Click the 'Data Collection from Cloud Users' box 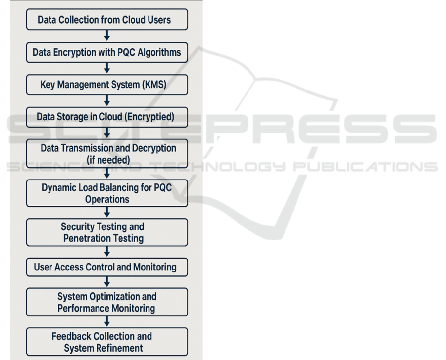point(106,20)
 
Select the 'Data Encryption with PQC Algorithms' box point(106,52)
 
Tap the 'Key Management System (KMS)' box point(106,85)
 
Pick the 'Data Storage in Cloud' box point(106,117)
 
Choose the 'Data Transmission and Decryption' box point(106,154)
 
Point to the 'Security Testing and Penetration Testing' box point(106,232)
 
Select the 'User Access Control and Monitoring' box point(106,267)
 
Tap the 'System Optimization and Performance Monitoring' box point(106,302)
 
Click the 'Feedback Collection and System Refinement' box point(106,342)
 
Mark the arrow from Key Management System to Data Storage point(106,101)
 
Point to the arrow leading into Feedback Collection point(106,322)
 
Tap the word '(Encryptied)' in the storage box point(150,117)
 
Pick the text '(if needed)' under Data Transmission point(107,160)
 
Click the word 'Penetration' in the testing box point(89,238)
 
